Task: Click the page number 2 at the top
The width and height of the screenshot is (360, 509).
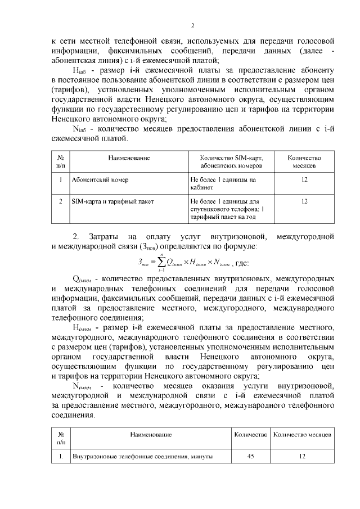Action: (x=192, y=25)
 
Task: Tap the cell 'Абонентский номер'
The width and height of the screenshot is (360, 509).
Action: (x=101, y=180)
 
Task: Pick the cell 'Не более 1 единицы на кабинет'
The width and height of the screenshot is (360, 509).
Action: (x=223, y=184)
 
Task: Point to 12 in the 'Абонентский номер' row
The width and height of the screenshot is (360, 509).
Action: (x=304, y=180)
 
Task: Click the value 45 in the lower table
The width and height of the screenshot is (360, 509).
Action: (x=250, y=457)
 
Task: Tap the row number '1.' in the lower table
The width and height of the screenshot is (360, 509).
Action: (x=60, y=457)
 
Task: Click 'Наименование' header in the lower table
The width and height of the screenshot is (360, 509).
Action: (x=151, y=435)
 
